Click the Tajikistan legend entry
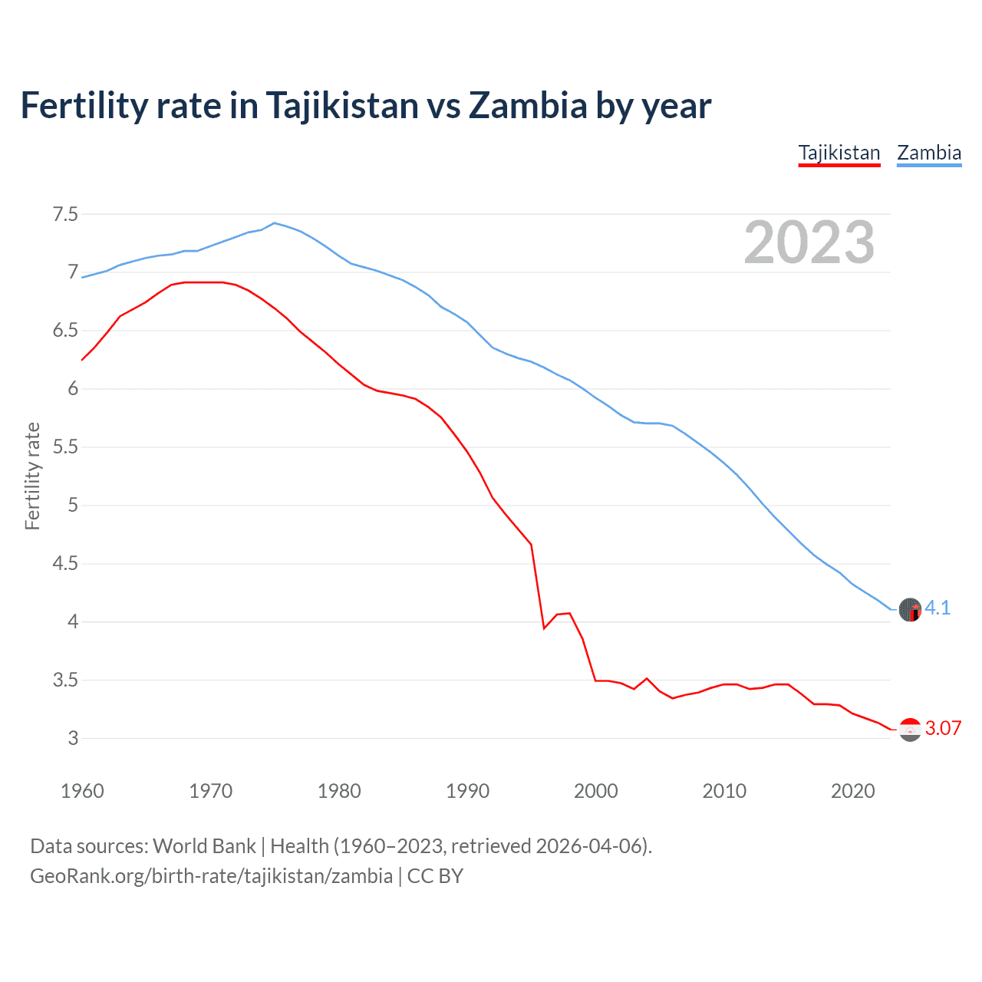[839, 153]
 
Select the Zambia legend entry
[929, 153]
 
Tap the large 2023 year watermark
[809, 242]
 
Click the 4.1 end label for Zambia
[938, 608]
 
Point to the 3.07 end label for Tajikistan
[943, 728]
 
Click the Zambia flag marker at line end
[910, 610]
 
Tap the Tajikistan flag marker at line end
[910, 730]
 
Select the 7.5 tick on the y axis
[65, 214]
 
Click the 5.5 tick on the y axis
[65, 447]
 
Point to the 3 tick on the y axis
[73, 739]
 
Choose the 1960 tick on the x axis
[82, 791]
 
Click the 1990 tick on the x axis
[467, 791]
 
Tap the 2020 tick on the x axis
[852, 791]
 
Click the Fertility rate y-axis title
[32, 476]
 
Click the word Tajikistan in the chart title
[343, 105]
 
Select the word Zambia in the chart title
[528, 105]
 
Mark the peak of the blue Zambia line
[275, 223]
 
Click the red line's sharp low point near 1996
[544, 628]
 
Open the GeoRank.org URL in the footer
[211, 875]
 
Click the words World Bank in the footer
[204, 846]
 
